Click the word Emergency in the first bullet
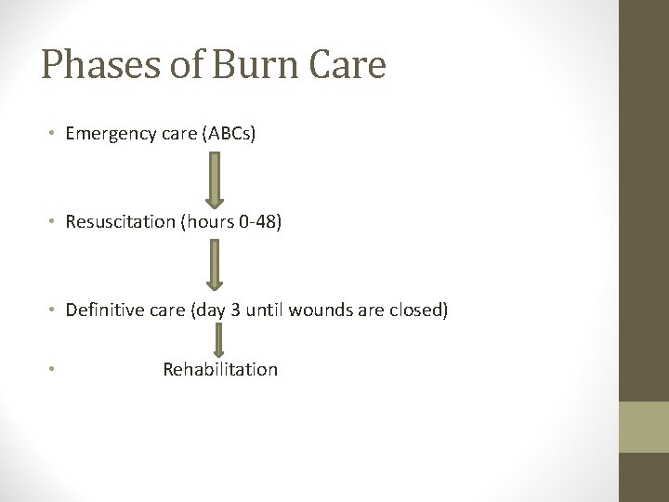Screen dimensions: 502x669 coord(106,134)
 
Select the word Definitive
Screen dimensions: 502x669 coord(102,310)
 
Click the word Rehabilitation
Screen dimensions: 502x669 coord(220,369)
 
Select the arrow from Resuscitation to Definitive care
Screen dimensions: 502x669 coord(215,266)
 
